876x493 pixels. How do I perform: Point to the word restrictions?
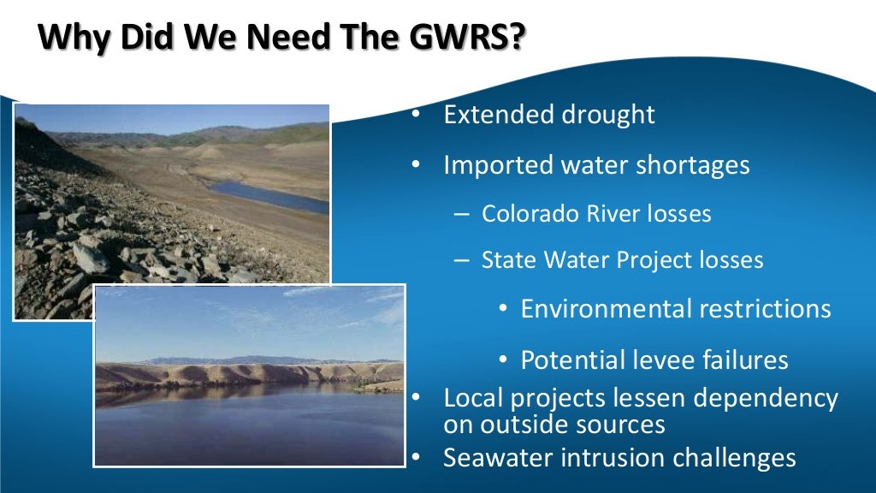769,309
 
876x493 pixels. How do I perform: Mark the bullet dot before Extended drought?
416,115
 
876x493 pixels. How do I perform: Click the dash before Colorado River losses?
461,214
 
